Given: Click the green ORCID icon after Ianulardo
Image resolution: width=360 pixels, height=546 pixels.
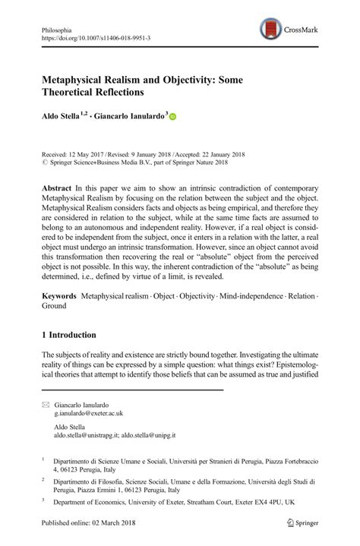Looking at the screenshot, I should point(172,117).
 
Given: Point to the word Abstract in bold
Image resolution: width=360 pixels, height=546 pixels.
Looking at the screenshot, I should point(58,188).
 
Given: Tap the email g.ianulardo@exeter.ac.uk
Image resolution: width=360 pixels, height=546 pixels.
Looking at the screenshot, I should point(89,415).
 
